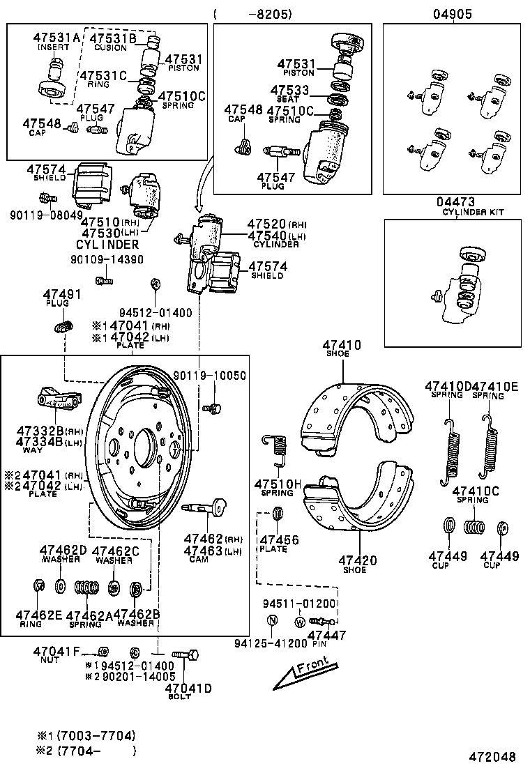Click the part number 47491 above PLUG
(x=62, y=295)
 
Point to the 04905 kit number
(x=452, y=13)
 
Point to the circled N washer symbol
(x=272, y=621)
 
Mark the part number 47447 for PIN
(x=326, y=635)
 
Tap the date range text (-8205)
(x=252, y=13)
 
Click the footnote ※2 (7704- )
(x=87, y=751)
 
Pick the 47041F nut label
(x=56, y=652)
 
